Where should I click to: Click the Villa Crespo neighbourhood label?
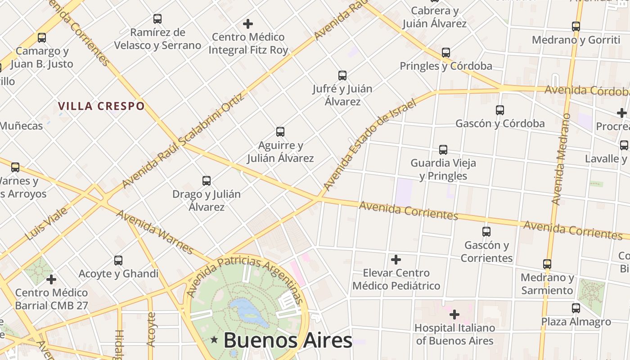click(x=101, y=106)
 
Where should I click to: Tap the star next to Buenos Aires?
click(x=214, y=341)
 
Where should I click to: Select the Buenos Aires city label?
click(x=288, y=340)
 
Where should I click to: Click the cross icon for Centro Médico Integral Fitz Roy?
click(x=248, y=23)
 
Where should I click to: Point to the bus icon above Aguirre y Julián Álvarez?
click(x=280, y=132)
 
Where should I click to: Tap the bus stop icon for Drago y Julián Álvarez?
click(x=207, y=181)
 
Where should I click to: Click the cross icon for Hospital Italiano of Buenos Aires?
click(x=454, y=314)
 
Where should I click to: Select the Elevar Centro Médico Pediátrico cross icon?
click(x=396, y=260)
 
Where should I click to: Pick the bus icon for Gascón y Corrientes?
click(x=486, y=232)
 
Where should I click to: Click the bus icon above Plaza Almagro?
click(x=576, y=308)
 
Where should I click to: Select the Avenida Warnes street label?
click(x=155, y=231)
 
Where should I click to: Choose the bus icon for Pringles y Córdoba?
click(x=446, y=53)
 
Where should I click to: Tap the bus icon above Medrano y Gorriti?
click(x=576, y=27)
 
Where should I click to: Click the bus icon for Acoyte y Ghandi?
click(x=118, y=260)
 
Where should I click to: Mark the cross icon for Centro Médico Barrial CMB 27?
click(x=51, y=279)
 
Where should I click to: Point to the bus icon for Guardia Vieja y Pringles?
click(x=443, y=149)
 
